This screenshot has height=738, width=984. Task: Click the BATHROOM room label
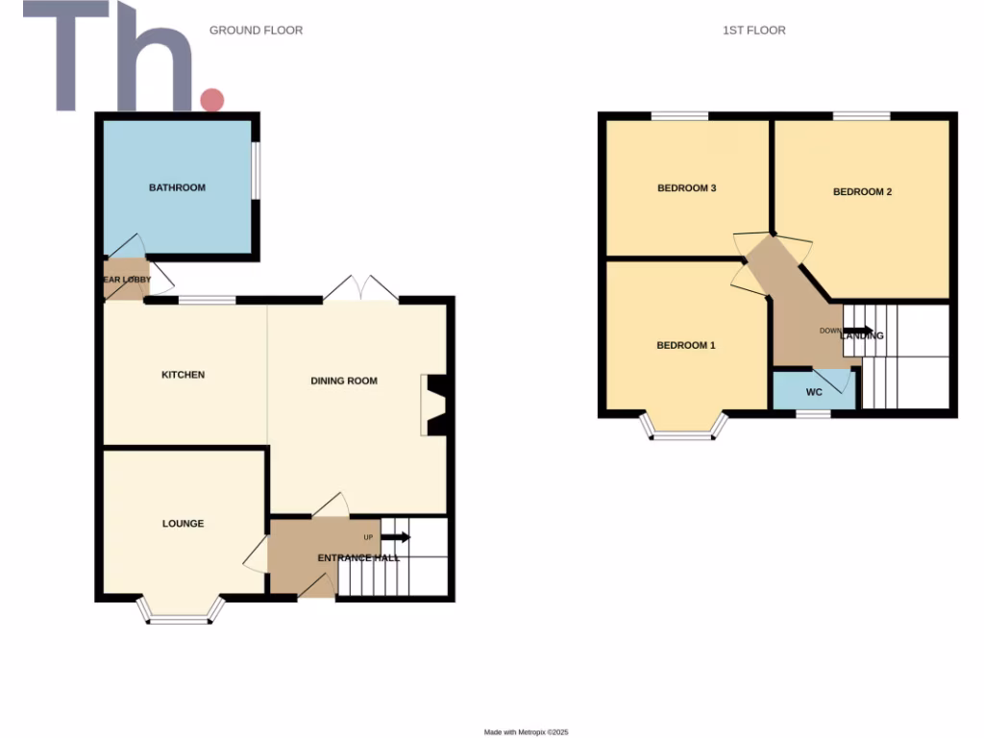(177, 187)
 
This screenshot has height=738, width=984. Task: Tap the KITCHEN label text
(183, 375)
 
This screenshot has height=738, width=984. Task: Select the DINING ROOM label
(344, 381)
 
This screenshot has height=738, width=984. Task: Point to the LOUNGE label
(183, 524)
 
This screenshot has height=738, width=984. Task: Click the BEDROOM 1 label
(685, 345)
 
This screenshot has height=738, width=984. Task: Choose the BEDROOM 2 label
(862, 191)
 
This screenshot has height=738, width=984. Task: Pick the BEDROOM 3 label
(686, 188)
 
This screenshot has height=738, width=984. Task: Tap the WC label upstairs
(814, 392)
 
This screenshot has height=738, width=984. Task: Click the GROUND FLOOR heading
(256, 31)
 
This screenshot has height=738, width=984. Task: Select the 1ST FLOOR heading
(753, 31)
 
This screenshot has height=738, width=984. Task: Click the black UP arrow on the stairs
(395, 537)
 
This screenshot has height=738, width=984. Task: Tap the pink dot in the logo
(211, 99)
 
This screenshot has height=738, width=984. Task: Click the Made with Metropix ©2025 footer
(527, 732)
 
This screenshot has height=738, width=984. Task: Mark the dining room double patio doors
(361, 289)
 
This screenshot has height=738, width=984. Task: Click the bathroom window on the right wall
(256, 172)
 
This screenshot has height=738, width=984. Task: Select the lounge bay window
(180, 613)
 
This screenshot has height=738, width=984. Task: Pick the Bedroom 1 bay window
(684, 430)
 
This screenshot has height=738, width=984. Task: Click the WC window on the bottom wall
(814, 414)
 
